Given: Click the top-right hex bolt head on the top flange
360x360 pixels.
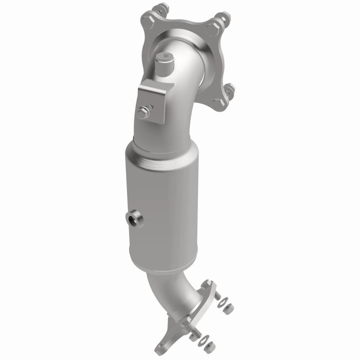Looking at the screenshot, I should (220, 18).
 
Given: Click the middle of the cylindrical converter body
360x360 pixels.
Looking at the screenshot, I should (157, 202).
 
